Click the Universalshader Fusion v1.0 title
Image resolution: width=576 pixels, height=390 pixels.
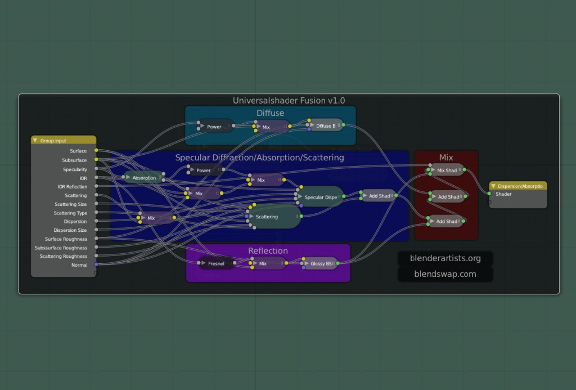pos(289,101)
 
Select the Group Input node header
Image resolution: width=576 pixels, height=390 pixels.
pos(64,141)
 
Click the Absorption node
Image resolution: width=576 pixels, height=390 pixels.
pos(144,178)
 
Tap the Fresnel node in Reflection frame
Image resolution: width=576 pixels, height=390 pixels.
pos(216,263)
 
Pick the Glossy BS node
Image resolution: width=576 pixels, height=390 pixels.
pos(321,263)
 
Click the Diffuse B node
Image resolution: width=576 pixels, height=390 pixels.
pos(325,126)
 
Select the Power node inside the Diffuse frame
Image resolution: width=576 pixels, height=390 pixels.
pos(214,127)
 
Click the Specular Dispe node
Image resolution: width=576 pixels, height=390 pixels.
pos(321,197)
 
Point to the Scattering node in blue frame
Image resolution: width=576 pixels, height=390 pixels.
pos(267,217)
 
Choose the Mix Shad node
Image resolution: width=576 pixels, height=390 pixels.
pos(447,170)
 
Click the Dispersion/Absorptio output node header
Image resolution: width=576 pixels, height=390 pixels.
pos(518,186)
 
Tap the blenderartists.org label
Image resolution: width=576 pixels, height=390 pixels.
pos(445,258)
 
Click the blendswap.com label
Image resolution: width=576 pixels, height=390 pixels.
pos(445,274)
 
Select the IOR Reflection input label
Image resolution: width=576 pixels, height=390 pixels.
pos(73,187)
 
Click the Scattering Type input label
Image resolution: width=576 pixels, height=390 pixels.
pos(71,213)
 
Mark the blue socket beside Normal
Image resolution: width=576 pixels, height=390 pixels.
pos(96,265)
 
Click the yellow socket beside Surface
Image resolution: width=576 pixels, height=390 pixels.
pos(96,150)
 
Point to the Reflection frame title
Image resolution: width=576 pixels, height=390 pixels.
pos(268,250)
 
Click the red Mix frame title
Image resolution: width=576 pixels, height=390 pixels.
pos(446,158)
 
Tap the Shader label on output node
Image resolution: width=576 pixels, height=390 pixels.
pos(503,194)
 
